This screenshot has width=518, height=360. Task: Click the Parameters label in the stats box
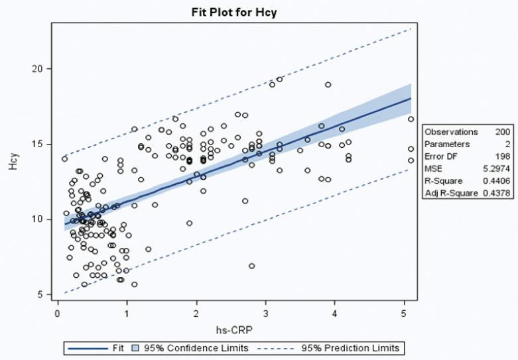tap(447, 144)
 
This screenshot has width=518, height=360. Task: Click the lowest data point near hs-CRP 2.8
tap(252, 266)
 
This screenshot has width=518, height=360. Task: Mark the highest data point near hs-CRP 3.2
tap(280, 80)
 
